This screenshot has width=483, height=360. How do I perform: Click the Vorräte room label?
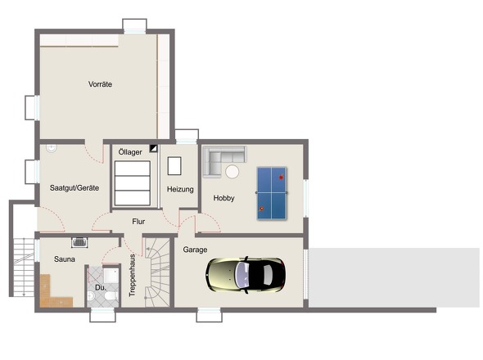[100, 84]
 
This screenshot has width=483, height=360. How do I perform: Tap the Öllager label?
[130, 152]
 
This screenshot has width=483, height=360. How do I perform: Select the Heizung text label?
[180, 189]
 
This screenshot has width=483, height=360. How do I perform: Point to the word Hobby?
[224, 198]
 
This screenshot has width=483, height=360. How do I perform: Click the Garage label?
[195, 250]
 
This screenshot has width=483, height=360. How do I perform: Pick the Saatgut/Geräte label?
[74, 188]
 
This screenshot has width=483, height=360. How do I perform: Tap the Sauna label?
[65, 259]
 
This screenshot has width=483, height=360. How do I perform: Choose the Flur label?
[138, 222]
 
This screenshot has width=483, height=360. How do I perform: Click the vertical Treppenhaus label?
[132, 275]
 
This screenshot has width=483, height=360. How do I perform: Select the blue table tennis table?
[272, 193]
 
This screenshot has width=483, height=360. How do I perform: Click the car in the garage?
[246, 275]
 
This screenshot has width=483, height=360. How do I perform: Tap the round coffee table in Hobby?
[232, 172]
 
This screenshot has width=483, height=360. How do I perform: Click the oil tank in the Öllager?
[133, 183]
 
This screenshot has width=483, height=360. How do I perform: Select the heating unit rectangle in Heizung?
[174, 166]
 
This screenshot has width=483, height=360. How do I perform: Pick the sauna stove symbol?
[79, 242]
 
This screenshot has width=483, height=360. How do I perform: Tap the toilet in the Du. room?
[110, 296]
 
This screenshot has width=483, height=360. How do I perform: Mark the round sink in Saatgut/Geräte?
[52, 148]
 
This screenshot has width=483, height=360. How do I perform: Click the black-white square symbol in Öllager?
[153, 148]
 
